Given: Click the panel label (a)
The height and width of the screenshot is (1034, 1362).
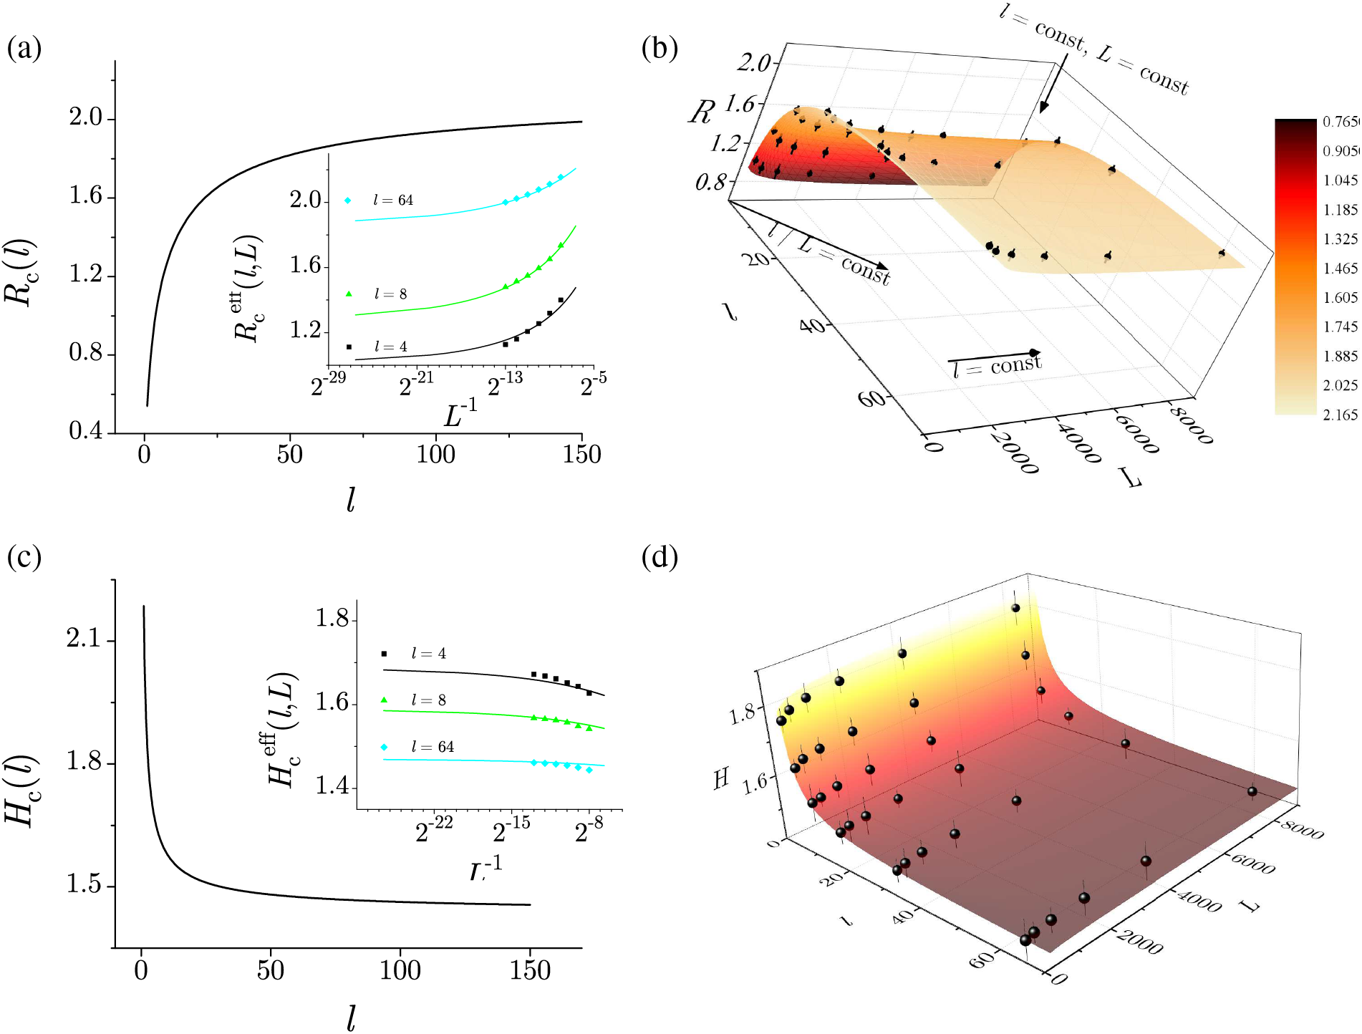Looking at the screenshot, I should [x=24, y=49].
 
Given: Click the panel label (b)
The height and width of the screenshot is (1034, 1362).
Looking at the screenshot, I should [x=660, y=49].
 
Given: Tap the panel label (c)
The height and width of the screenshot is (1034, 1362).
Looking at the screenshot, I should [x=24, y=556].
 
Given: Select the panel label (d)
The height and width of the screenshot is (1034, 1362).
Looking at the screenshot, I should [x=660, y=556].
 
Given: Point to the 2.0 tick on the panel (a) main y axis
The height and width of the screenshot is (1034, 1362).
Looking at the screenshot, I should [x=86, y=117].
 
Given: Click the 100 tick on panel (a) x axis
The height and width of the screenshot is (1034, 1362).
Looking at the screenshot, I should [x=435, y=454].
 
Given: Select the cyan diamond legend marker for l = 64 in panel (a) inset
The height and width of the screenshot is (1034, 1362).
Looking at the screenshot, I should [x=348, y=200].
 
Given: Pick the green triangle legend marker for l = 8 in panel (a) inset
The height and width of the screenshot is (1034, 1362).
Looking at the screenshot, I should [x=349, y=294].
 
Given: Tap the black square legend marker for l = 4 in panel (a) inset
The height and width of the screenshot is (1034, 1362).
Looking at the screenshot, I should [x=349, y=347].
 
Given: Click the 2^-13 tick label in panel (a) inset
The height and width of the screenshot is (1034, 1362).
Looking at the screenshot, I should [x=505, y=385].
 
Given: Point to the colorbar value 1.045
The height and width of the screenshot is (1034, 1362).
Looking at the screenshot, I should [x=1339, y=180].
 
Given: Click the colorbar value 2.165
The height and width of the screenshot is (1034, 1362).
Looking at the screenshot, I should [x=1339, y=415].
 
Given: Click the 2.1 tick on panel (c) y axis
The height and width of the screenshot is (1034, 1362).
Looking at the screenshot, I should [x=84, y=639].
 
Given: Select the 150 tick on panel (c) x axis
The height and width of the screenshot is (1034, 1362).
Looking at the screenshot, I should [x=530, y=971].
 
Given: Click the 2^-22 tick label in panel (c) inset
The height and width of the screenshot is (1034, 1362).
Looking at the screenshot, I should [x=434, y=831].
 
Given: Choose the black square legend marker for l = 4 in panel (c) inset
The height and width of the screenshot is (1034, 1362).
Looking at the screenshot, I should [x=385, y=654].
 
